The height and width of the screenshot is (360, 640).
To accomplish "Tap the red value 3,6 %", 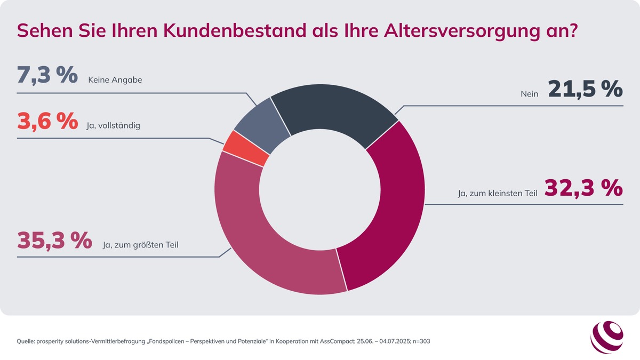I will point(47,121).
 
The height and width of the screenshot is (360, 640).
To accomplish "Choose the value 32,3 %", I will point(584,187).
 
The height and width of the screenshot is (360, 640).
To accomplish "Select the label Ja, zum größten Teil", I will point(140,245).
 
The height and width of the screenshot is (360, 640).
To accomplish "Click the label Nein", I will point(530,94).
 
